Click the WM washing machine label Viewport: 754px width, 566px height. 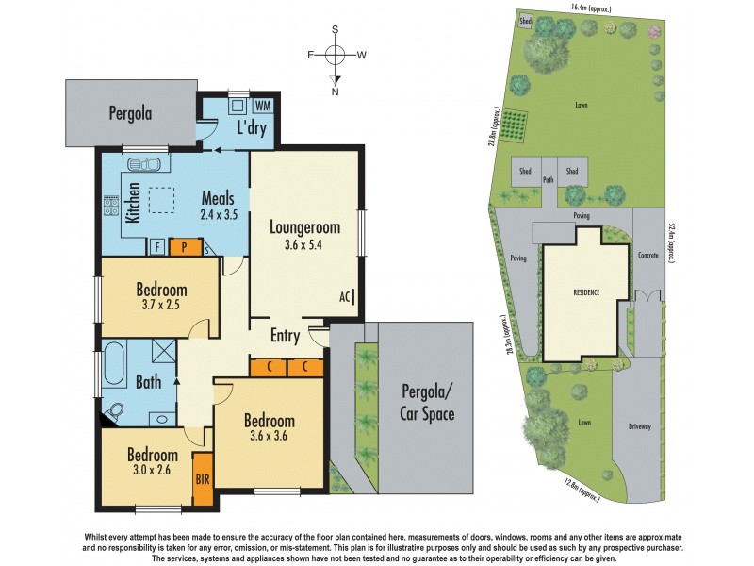pos(262,105)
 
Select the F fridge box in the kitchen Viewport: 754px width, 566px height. pos(156,248)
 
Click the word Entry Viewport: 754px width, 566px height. pos(285,336)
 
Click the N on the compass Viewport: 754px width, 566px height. pos(336,92)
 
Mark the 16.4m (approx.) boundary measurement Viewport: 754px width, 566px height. pos(590,8)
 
